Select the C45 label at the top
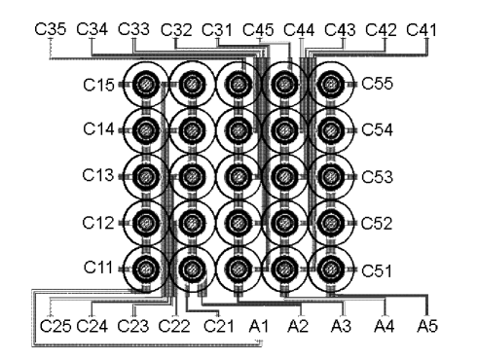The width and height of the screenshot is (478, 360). [258, 29]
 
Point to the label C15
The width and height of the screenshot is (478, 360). [99, 86]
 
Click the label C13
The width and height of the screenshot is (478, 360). [99, 176]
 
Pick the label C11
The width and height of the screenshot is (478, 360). [99, 267]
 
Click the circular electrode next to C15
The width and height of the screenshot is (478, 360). [146, 86]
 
